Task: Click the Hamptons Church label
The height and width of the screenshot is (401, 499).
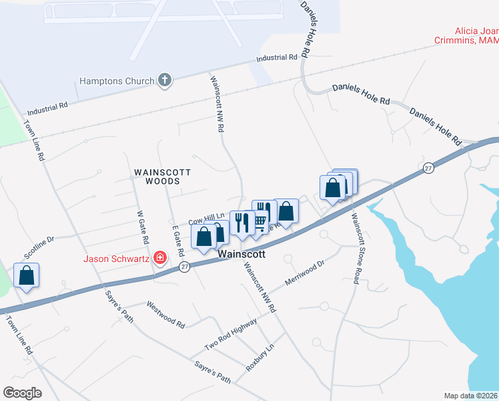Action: tap(117, 81)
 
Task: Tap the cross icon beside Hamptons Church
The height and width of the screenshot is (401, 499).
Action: tap(164, 81)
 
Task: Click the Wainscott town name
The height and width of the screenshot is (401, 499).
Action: tap(241, 255)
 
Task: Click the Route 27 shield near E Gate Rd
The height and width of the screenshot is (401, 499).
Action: tap(185, 266)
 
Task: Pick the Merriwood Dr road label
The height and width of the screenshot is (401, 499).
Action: tap(304, 273)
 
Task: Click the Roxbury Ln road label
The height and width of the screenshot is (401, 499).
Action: tap(260, 358)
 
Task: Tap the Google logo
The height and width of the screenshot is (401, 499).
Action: tap(22, 393)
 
